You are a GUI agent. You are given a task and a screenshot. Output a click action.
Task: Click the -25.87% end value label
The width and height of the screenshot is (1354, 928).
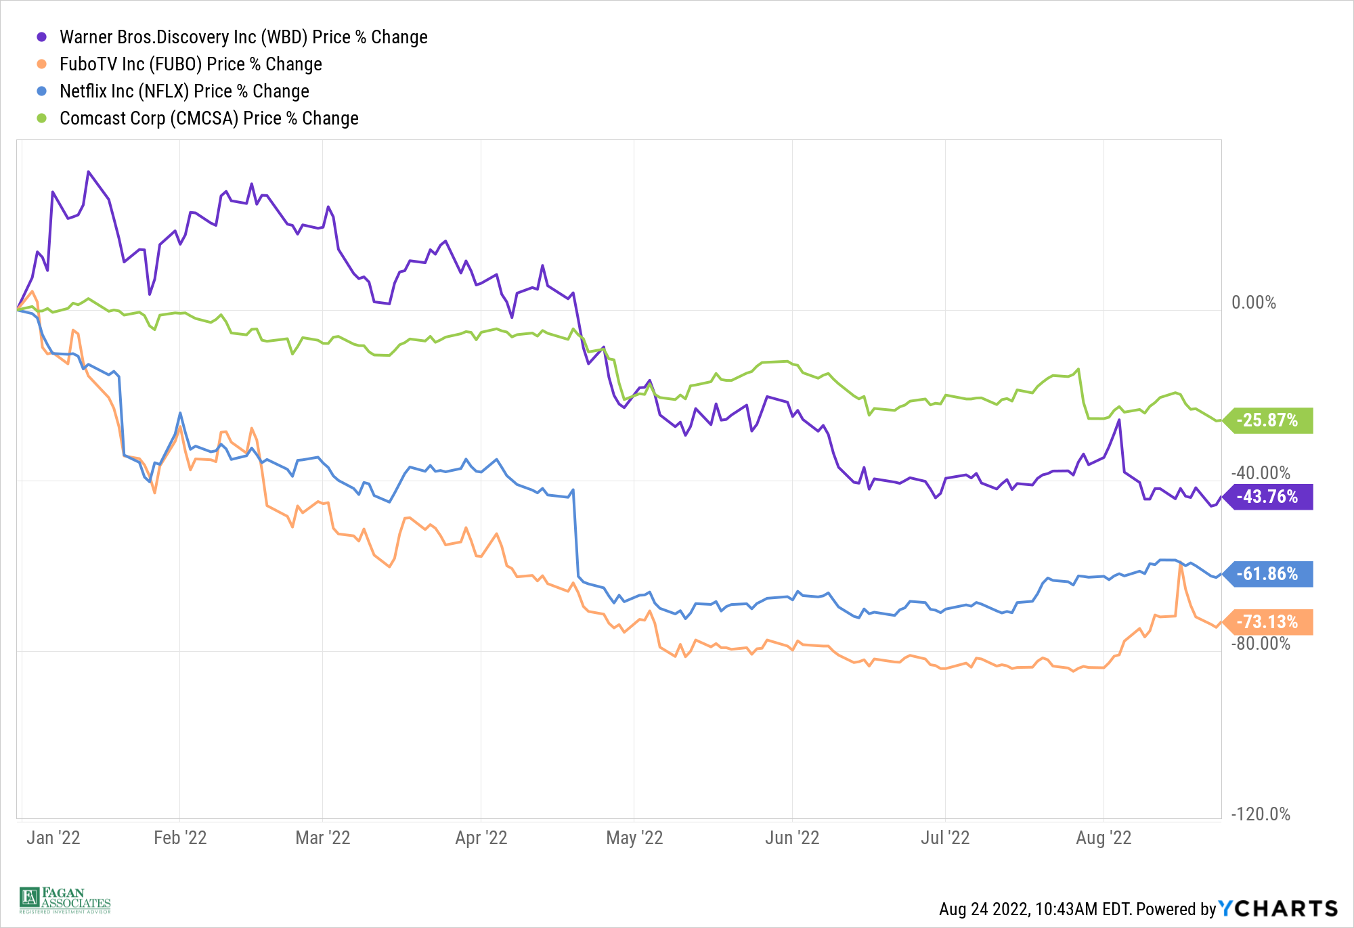point(1267,420)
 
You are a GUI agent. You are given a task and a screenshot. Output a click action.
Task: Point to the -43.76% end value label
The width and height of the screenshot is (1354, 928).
point(1267,497)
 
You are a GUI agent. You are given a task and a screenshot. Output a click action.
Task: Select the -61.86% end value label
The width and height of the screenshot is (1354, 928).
point(1267,574)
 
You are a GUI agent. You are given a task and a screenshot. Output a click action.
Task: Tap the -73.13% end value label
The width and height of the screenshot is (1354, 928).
point(1267,622)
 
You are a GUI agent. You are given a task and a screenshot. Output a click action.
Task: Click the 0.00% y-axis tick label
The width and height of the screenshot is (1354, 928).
point(1253,303)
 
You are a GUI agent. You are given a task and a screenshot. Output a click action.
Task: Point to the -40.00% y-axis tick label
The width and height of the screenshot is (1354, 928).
point(1260,473)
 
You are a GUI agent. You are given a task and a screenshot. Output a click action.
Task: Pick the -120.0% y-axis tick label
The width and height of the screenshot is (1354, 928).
point(1260,814)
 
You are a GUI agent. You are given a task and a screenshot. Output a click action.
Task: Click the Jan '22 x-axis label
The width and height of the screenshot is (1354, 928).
point(53,838)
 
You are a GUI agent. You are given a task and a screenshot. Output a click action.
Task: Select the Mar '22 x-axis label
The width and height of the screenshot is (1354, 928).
point(323,838)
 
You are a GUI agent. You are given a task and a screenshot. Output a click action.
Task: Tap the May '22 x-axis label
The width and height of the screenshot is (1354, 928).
point(634,838)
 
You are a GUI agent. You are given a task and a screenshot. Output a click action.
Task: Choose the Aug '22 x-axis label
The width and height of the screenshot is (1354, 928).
point(1104,838)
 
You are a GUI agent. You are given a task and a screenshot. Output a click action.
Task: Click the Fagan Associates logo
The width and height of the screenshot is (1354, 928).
point(65,900)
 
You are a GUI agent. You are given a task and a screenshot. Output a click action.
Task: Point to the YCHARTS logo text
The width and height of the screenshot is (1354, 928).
point(1278,908)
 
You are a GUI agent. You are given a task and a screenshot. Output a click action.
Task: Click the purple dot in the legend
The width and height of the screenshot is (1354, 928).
point(42,37)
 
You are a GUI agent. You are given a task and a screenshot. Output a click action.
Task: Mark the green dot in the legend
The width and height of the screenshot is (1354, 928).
point(42,118)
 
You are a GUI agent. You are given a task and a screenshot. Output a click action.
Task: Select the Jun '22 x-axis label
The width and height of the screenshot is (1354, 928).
point(792,838)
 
